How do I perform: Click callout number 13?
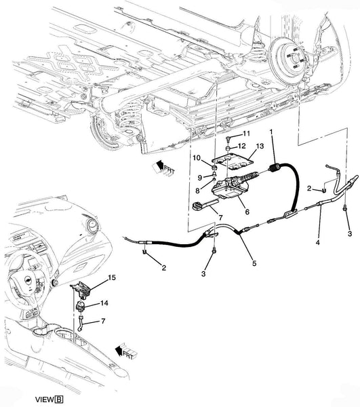point(260,146)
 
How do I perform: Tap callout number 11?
point(246,134)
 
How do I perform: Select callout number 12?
point(241,146)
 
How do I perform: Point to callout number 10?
point(197,157)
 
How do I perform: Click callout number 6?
point(247,212)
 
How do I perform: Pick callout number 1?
point(271,132)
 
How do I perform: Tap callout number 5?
point(254,263)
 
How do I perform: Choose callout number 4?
point(318,242)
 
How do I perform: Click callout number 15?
point(112,277)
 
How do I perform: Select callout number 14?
point(104,303)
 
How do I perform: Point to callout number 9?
point(200,178)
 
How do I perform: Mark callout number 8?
point(198,191)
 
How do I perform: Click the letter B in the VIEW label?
point(60,400)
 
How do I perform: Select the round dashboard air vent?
point(92,225)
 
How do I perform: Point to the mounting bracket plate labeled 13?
point(232,163)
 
